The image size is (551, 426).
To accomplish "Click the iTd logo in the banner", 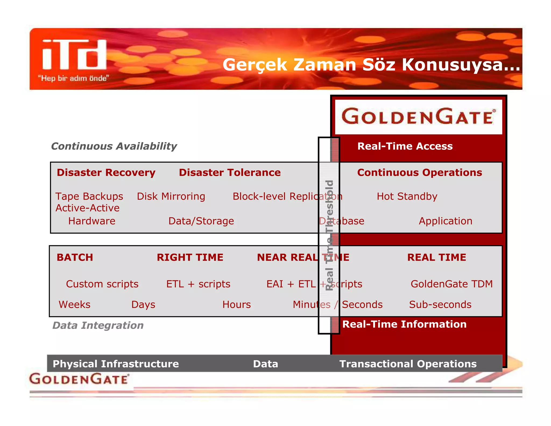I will pyautogui.click(x=74, y=55).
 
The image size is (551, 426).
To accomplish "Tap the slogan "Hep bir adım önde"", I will pyautogui.click(x=73, y=78).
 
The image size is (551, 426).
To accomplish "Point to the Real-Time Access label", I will pyautogui.click(x=405, y=146).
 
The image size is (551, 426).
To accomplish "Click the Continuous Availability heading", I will pyautogui.click(x=114, y=146).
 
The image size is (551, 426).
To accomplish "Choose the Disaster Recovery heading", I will pyautogui.click(x=106, y=173).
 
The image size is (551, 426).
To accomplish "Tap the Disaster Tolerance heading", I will pyautogui.click(x=229, y=173).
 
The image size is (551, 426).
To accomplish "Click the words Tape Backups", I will pyautogui.click(x=89, y=196).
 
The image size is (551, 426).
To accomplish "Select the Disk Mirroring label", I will pyautogui.click(x=171, y=196).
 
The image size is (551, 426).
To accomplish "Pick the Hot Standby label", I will pyautogui.click(x=407, y=196).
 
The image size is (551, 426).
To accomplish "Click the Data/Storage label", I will pyautogui.click(x=201, y=221).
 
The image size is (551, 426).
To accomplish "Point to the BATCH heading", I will pyautogui.click(x=75, y=257).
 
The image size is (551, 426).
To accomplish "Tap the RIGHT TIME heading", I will pyautogui.click(x=190, y=257).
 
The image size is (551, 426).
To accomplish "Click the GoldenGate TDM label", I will pyautogui.click(x=451, y=284).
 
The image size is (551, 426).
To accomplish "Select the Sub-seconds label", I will pyautogui.click(x=440, y=305).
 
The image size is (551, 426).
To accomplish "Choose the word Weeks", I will pyautogui.click(x=75, y=305).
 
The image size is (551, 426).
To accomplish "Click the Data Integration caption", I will pyautogui.click(x=98, y=325).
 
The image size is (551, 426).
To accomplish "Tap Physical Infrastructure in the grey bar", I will pyautogui.click(x=116, y=364).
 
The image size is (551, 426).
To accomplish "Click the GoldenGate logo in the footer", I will pyautogui.click(x=79, y=379).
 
